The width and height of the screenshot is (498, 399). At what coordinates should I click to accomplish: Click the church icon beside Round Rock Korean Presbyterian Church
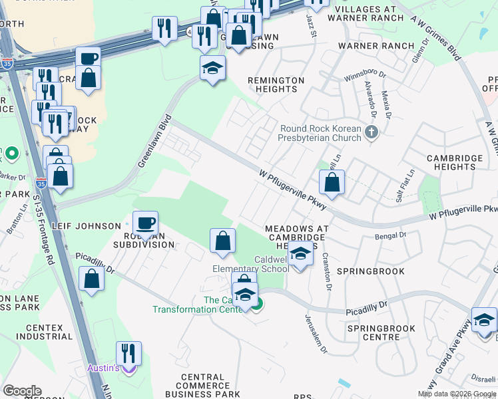[372, 134]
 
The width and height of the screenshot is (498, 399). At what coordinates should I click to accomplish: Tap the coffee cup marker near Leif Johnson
[145, 223]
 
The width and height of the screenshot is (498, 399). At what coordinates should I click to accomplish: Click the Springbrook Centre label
[381, 332]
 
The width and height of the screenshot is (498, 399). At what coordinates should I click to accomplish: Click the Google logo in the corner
[22, 391]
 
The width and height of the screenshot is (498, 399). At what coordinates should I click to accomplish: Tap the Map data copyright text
[456, 394]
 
